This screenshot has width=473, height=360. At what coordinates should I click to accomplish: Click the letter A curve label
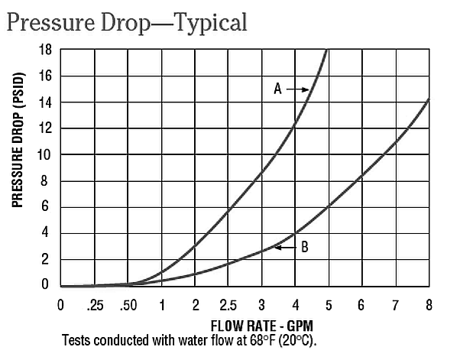[278, 89]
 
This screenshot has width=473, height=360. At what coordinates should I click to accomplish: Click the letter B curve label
[304, 247]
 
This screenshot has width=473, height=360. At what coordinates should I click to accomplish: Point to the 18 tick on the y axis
[45, 49]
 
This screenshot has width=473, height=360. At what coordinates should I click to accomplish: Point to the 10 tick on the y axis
[45, 154]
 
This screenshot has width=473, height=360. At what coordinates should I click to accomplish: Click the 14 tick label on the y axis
[45, 102]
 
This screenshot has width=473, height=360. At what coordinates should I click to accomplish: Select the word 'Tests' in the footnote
[76, 339]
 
